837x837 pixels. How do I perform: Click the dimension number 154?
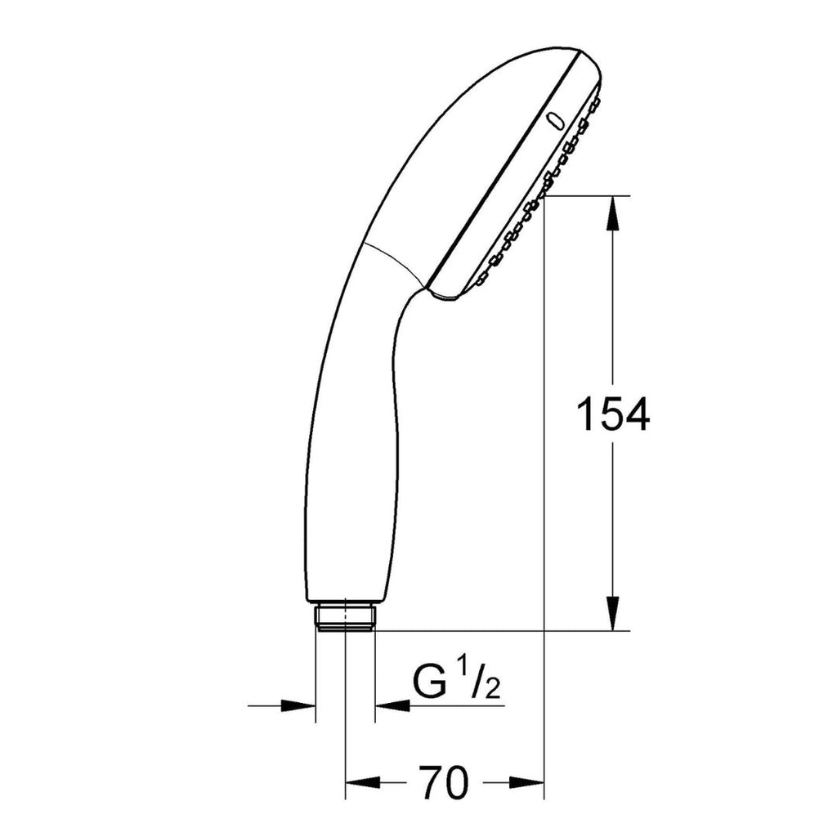(x=613, y=414)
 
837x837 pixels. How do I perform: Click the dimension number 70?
(x=445, y=782)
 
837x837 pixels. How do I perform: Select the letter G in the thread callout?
(x=430, y=683)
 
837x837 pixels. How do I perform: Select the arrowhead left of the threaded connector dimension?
(x=299, y=705)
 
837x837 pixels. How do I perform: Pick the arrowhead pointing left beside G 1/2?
(x=392, y=705)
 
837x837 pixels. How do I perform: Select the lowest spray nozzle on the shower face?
(x=478, y=281)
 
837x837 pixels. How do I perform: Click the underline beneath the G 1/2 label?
(x=458, y=705)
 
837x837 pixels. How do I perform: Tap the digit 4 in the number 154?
(x=635, y=414)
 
